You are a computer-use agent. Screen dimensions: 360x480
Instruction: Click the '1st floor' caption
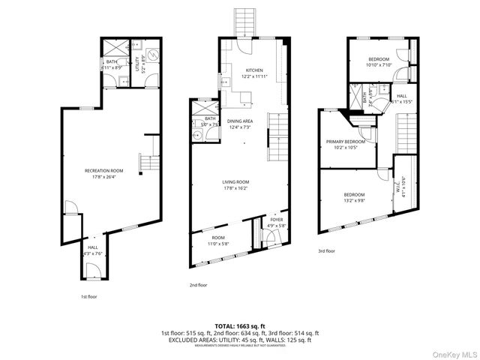coord(88,296)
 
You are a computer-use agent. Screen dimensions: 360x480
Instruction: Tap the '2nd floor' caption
coord(197,285)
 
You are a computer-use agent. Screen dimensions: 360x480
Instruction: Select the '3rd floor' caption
coord(326,250)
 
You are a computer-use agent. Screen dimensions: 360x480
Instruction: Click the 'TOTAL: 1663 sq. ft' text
coord(239,325)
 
